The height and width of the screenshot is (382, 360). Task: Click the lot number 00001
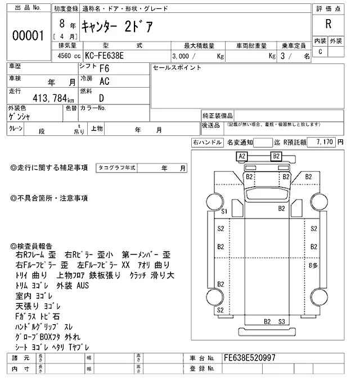[x=28, y=35]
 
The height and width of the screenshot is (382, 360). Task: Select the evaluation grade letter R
[x=328, y=25]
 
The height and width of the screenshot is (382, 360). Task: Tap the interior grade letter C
[x=320, y=52]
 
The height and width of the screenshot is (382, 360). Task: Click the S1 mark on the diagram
[x=224, y=211]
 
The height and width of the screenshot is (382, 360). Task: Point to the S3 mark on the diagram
[x=282, y=321]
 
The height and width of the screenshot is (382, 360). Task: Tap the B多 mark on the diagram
[x=313, y=265]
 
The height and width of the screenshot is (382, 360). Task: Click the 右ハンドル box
[x=207, y=143]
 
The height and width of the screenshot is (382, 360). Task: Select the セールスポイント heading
[x=177, y=67]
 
